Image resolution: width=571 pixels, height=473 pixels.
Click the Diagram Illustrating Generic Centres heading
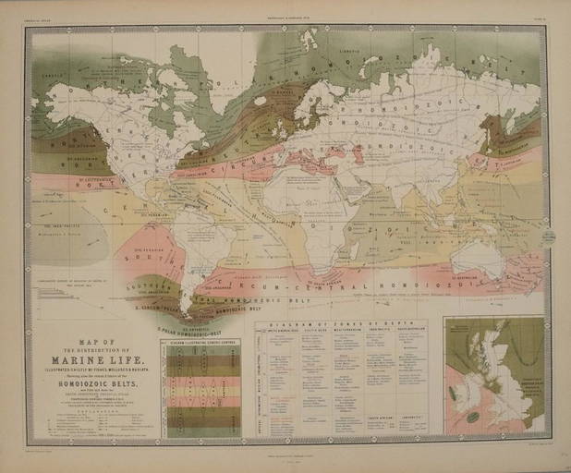tap(200, 343)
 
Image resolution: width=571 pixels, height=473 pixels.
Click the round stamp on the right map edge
tap(548, 237)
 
